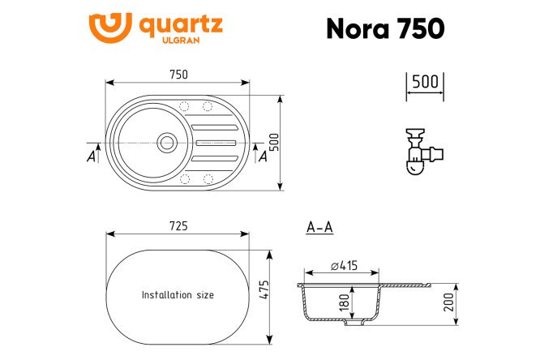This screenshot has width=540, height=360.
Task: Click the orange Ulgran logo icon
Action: point(110,28)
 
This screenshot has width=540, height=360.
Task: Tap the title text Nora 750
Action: point(384,28)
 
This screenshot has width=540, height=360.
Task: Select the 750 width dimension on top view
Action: point(178,75)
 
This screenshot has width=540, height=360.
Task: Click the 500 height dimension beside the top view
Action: point(284,144)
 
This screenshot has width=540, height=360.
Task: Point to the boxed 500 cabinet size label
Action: point(424,82)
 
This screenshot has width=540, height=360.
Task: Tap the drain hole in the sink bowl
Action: point(166,141)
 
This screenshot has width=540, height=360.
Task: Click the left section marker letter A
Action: point(91,156)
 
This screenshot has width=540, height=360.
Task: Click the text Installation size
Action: point(178,295)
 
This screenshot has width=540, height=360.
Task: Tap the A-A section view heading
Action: point(319,228)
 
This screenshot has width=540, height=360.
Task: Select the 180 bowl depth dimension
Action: point(345,302)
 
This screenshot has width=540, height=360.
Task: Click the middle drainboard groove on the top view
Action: point(216,142)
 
